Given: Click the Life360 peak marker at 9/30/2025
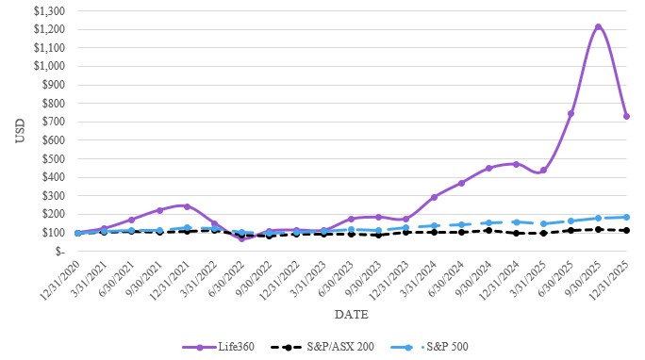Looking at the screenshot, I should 598,27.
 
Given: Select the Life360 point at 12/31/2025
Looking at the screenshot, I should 626,117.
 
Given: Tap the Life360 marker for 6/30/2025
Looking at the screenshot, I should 571,114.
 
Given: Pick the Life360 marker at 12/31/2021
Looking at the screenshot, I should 187,206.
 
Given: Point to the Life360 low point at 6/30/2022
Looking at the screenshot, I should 241,238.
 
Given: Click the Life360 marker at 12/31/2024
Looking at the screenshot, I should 516,164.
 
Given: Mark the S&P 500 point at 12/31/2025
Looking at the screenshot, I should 626,217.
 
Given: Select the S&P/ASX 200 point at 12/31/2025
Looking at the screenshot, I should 626,230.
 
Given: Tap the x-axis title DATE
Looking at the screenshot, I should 350,313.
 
